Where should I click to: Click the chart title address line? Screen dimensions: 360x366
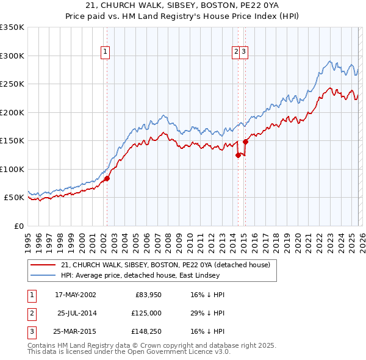pos(183,5)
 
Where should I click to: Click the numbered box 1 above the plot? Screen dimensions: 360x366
pos(106,52)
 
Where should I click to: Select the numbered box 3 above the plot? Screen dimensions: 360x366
pos(243,52)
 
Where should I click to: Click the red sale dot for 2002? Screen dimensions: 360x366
pos(107,178)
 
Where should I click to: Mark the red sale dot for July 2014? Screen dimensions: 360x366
pos(238,155)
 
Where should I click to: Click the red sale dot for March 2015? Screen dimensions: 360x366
pos(245,142)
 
